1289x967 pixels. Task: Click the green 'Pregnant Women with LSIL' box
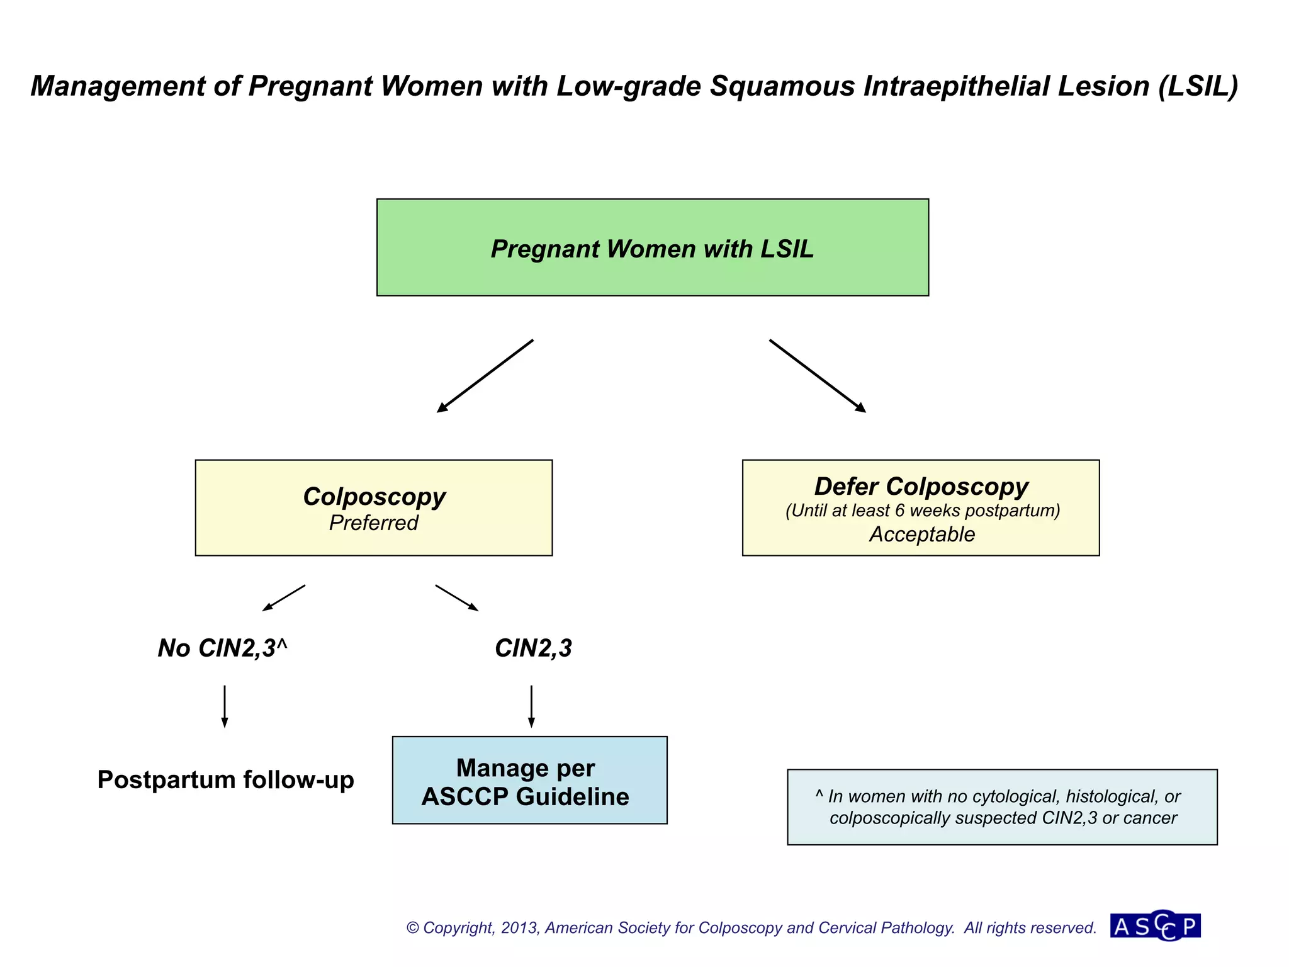pyautogui.click(x=652, y=247)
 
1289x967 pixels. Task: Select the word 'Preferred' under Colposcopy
pyautogui.click(x=373, y=523)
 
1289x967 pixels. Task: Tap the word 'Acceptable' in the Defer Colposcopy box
pyautogui.click(x=921, y=534)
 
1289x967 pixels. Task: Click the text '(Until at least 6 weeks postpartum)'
pyautogui.click(x=922, y=510)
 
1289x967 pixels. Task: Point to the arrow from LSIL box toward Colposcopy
pyautogui.click(x=485, y=376)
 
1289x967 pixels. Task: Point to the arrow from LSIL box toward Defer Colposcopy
pyautogui.click(x=817, y=376)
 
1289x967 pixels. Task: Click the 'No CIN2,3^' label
pyautogui.click(x=222, y=648)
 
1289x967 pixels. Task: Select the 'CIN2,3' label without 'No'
pyautogui.click(x=533, y=648)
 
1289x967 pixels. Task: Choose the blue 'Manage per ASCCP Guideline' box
pyautogui.click(x=529, y=780)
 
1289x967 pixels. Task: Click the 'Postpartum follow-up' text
pyautogui.click(x=225, y=779)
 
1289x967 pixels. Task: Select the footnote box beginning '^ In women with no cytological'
pyautogui.click(x=1002, y=806)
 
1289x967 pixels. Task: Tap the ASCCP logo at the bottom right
pyautogui.click(x=1156, y=925)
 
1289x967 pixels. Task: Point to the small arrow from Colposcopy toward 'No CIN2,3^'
pyautogui.click(x=283, y=598)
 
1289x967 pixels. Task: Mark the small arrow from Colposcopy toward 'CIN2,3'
pyautogui.click(x=457, y=598)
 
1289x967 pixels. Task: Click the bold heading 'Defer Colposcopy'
pyautogui.click(x=921, y=486)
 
